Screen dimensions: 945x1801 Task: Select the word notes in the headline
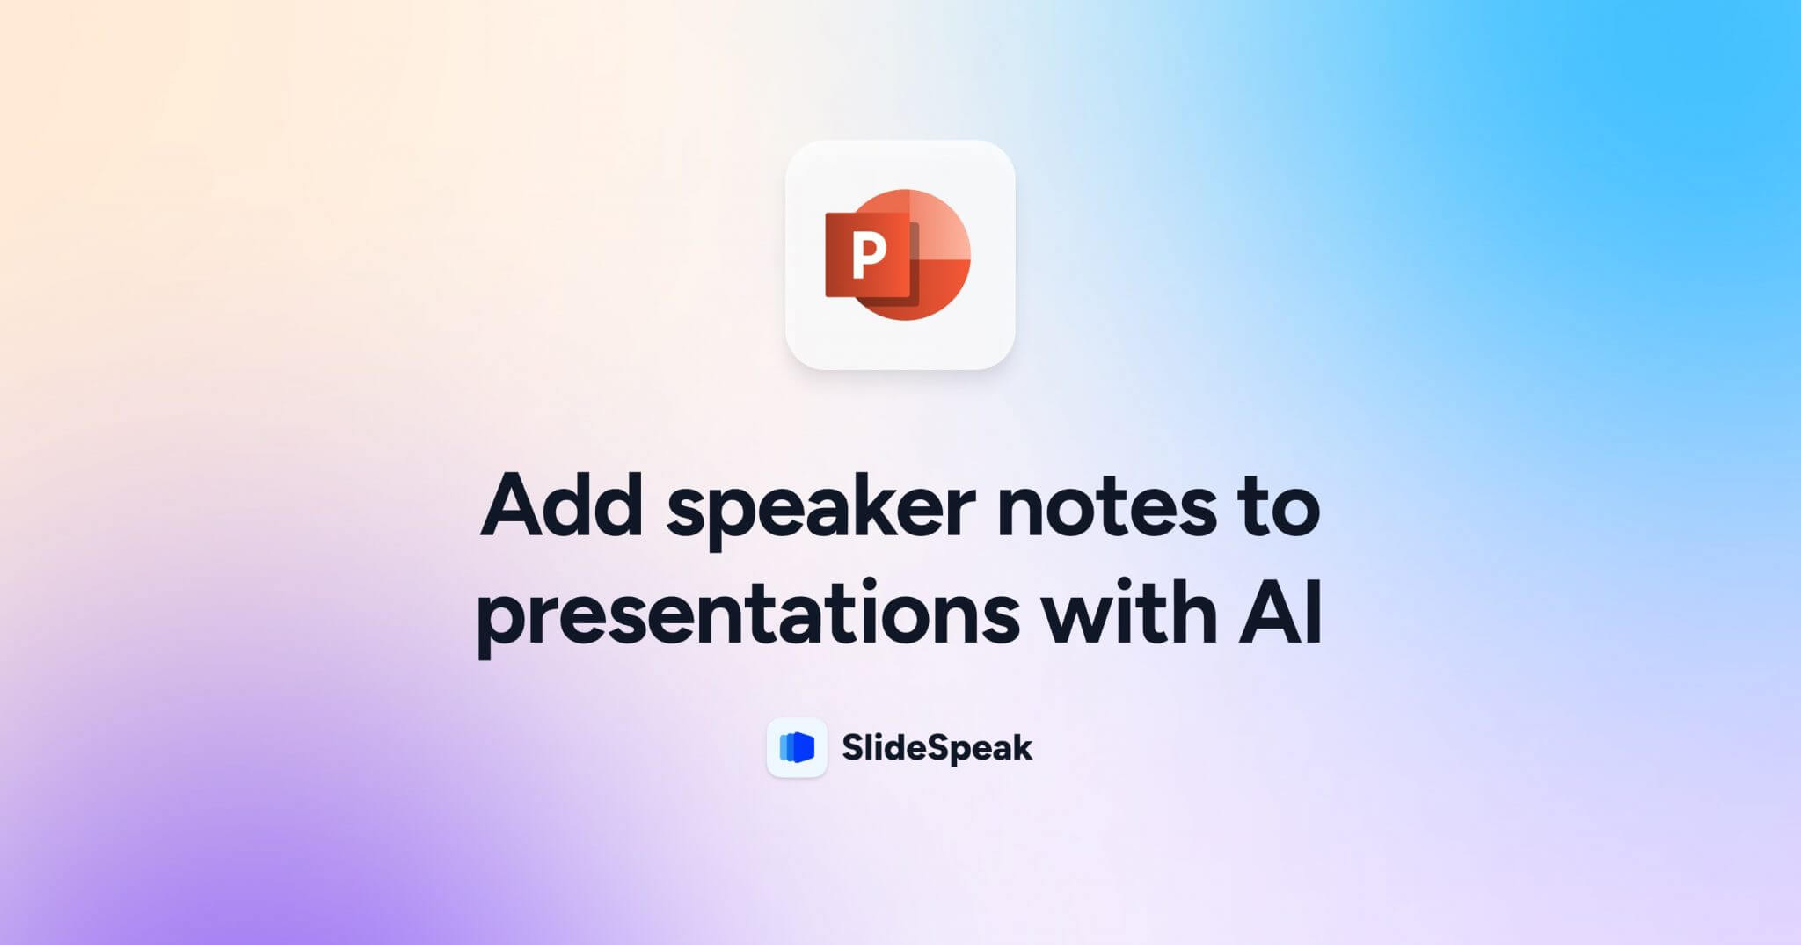1106,507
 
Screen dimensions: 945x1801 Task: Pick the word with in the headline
1130,611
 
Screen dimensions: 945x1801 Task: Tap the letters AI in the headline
1280,611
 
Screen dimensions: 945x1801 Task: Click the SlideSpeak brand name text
937,748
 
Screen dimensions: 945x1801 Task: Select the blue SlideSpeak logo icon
797,747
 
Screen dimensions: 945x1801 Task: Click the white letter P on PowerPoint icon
869,255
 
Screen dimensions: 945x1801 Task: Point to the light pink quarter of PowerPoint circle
939,224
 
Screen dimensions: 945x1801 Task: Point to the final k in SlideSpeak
1022,748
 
